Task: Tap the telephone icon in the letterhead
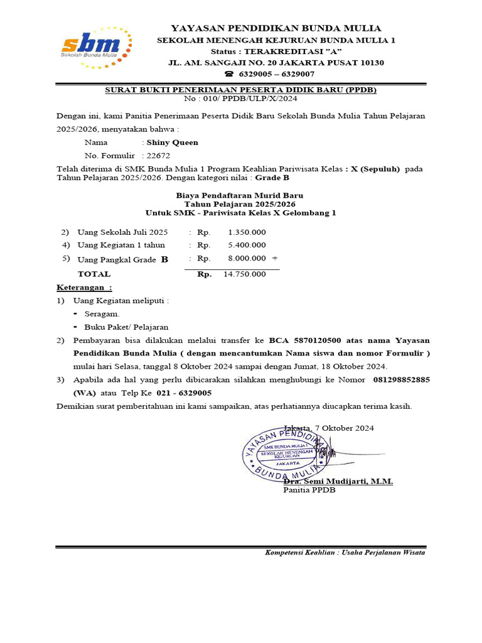click(228, 74)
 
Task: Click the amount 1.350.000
click(247, 232)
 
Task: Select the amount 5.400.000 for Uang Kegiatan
click(247, 245)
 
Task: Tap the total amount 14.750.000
click(244, 274)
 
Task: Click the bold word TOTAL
click(94, 274)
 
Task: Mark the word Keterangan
click(83, 288)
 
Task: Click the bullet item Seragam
click(102, 314)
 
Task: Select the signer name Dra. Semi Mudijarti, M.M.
click(338, 481)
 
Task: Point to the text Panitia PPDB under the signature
click(309, 490)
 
